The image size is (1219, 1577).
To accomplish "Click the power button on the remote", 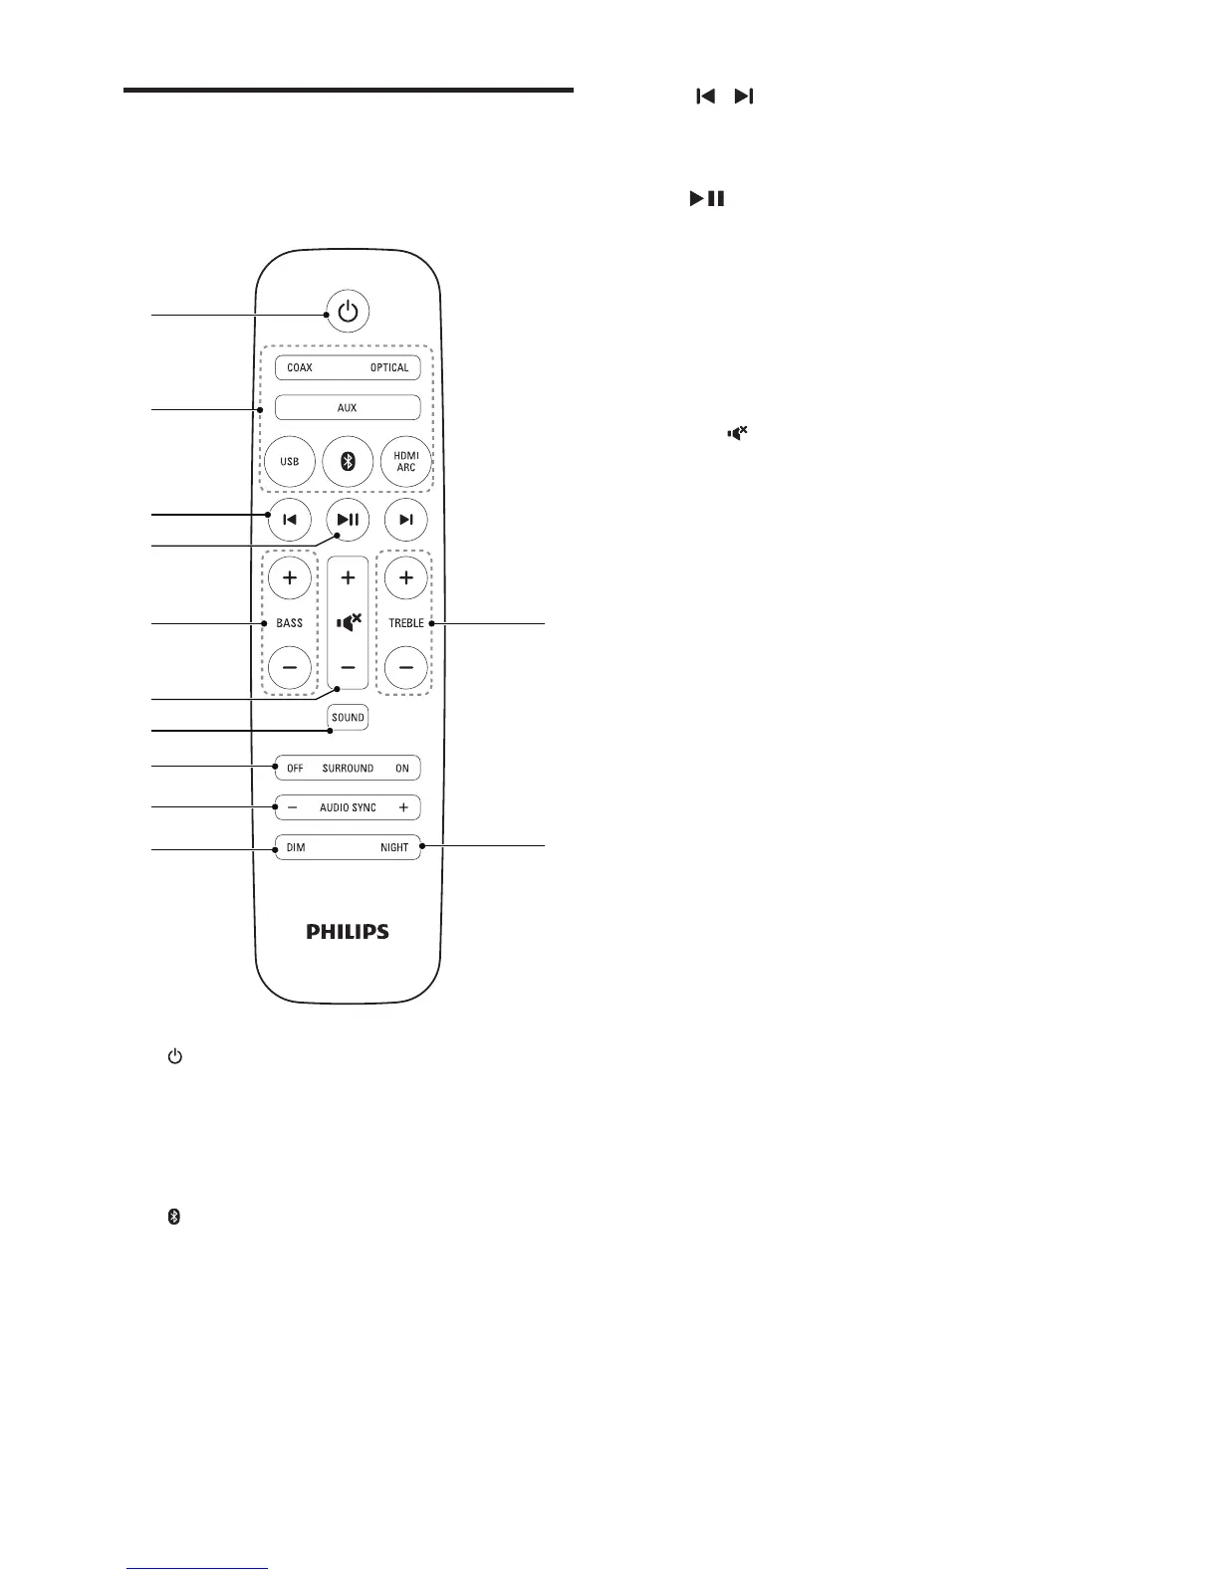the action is click(x=347, y=312).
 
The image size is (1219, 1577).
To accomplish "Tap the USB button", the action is click(x=290, y=462).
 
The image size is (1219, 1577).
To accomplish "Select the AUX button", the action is click(x=348, y=407).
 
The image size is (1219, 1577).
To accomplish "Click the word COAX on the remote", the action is click(x=300, y=367).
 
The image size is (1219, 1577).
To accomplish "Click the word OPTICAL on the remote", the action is click(x=389, y=367).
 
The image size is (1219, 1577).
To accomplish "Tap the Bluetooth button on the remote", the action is click(x=348, y=462).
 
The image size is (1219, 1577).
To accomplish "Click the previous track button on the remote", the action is click(x=290, y=519).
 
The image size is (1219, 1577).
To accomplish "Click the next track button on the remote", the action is click(x=405, y=519).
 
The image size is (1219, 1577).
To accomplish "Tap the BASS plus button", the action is click(x=290, y=576).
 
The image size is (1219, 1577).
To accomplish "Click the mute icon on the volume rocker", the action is click(x=348, y=622).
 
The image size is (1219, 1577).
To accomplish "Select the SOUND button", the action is click(x=348, y=717).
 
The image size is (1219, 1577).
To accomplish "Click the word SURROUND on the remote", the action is click(x=348, y=768).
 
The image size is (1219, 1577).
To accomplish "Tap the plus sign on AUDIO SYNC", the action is click(x=403, y=807).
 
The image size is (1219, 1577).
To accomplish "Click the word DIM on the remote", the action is click(x=296, y=847).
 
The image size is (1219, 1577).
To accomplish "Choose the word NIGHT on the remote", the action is click(x=394, y=847).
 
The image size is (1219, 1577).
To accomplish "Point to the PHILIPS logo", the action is click(x=348, y=932).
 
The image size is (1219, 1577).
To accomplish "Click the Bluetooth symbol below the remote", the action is click(x=173, y=1218).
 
